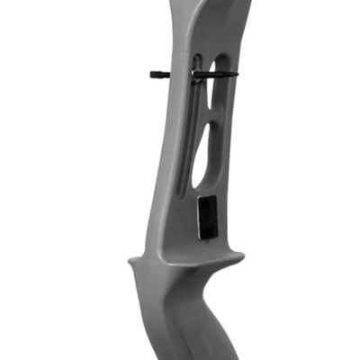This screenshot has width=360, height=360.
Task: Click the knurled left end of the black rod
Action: click(155, 74)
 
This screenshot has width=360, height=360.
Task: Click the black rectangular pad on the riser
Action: click(206, 219)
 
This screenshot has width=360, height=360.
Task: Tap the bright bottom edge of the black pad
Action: click(206, 237)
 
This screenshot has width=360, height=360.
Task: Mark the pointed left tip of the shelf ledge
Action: click(130, 262)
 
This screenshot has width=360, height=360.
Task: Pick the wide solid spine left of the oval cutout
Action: click(175, 153)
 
